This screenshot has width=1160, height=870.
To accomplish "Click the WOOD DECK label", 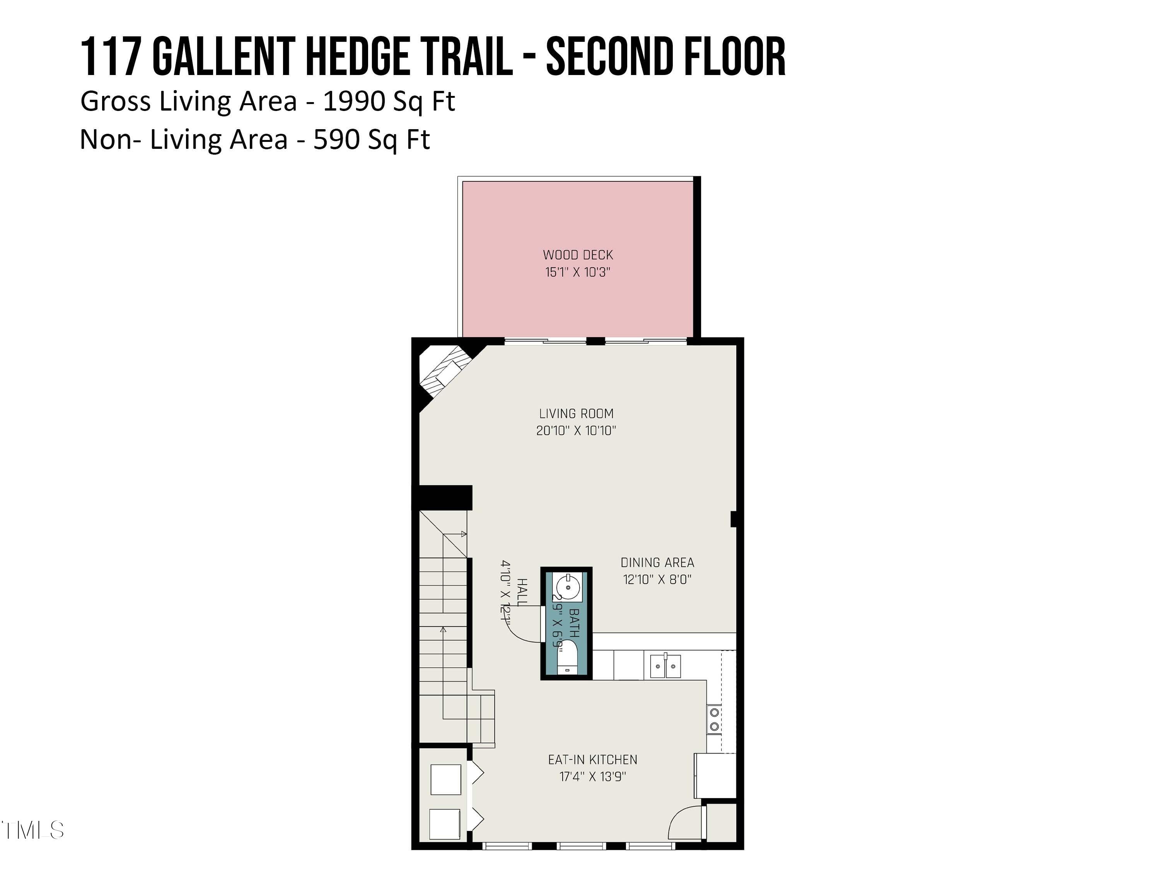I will pos(578,255).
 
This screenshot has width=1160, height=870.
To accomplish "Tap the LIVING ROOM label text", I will pos(576,414).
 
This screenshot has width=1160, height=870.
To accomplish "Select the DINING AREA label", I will pos(657,563).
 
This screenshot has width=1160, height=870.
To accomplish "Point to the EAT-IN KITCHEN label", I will pos(593,760).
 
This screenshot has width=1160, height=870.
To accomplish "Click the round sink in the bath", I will pos(568,587).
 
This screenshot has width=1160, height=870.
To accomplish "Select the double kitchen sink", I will pos(665,666).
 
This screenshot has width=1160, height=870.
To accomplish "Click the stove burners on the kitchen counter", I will pos(714,720).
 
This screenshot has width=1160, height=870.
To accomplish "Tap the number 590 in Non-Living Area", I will pos(336,140).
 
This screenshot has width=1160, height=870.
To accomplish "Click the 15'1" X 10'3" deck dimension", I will pos(578,272).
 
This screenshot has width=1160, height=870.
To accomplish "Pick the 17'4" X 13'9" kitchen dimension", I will pos(593,777).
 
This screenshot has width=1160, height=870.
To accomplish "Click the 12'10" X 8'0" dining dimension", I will pos(657,580).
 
